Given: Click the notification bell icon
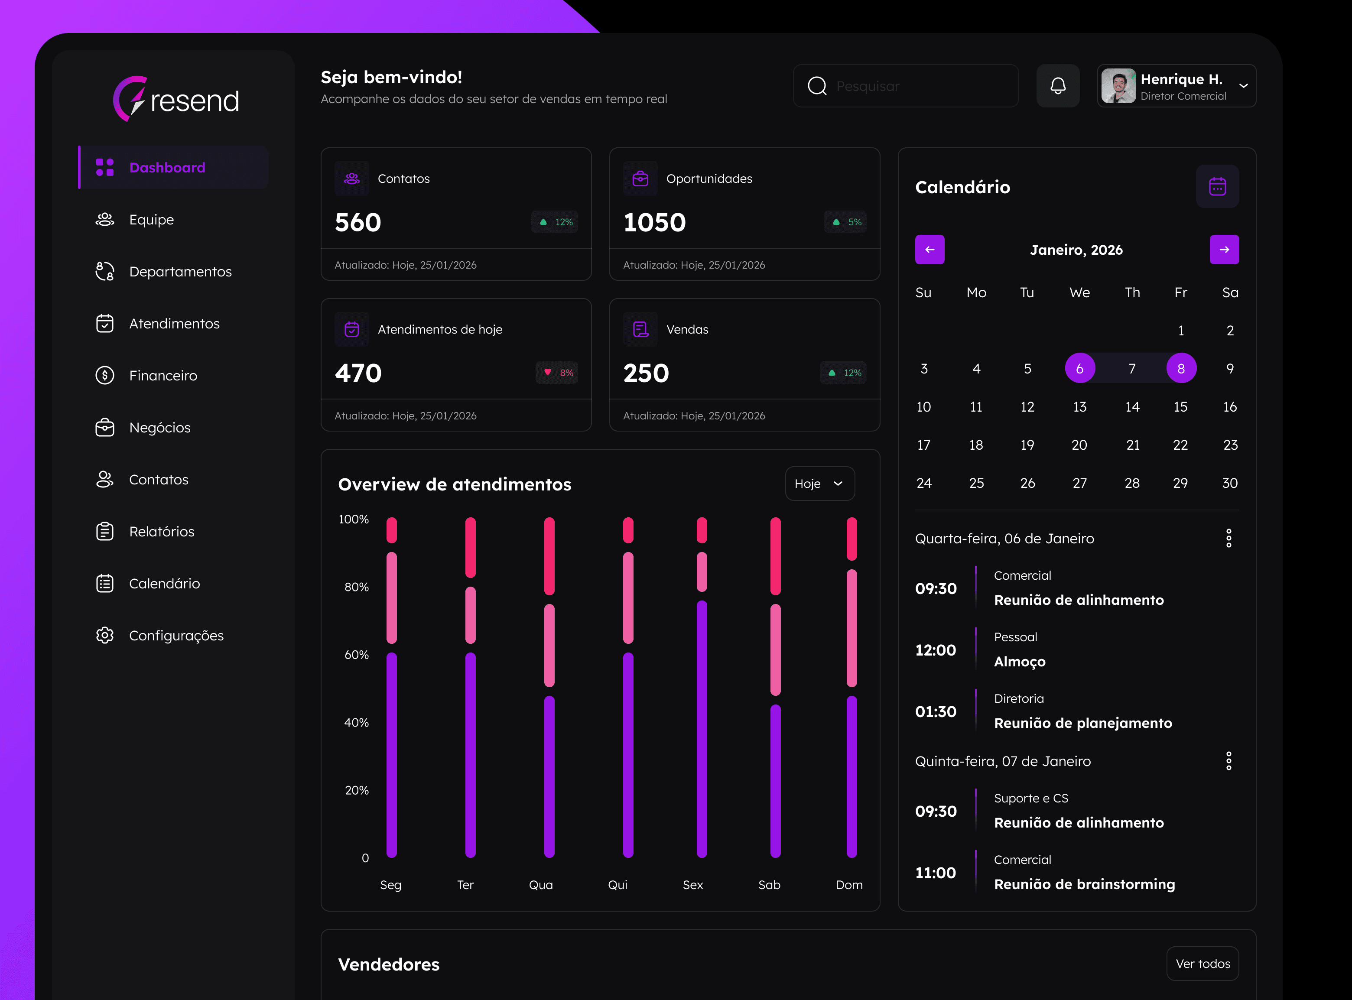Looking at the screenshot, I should [x=1058, y=86].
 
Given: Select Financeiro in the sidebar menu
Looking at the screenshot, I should [x=163, y=375].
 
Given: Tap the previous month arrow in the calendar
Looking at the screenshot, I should [x=929, y=250].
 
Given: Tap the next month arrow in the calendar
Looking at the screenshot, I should [x=1224, y=250].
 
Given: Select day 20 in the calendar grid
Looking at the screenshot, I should [x=1079, y=445].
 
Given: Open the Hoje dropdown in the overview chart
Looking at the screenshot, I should [x=819, y=484].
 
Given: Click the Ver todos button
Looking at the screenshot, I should [x=1202, y=964].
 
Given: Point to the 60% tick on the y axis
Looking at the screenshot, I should [x=357, y=655].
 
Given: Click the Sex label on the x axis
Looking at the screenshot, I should [x=692, y=885].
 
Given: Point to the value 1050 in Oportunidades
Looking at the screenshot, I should [x=654, y=222].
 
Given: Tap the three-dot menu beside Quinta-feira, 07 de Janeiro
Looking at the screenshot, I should [x=1228, y=761].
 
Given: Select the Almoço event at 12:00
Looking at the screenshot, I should [x=1020, y=662].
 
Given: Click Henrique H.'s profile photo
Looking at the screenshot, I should [x=1118, y=86].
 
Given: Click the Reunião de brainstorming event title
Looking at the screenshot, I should [x=1084, y=884].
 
